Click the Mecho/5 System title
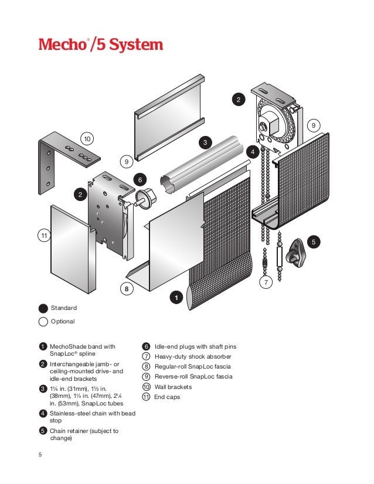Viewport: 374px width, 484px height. coord(100,45)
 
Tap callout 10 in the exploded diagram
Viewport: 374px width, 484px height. coord(87,138)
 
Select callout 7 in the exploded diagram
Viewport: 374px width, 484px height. coord(266,282)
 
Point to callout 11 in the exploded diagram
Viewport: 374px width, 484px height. coord(43,236)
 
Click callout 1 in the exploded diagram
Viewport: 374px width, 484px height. coord(175,298)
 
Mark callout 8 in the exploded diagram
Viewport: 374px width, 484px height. coord(125,289)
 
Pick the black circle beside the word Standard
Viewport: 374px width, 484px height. coord(43,308)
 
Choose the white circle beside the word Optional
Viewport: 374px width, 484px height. coord(43,321)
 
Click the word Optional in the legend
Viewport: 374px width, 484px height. coord(63,321)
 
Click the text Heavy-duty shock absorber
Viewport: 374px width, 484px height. coord(193,356)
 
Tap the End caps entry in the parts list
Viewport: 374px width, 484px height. coord(167,397)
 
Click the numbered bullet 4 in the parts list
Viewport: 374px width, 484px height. coord(43,414)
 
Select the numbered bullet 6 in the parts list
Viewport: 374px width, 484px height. coord(147,346)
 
